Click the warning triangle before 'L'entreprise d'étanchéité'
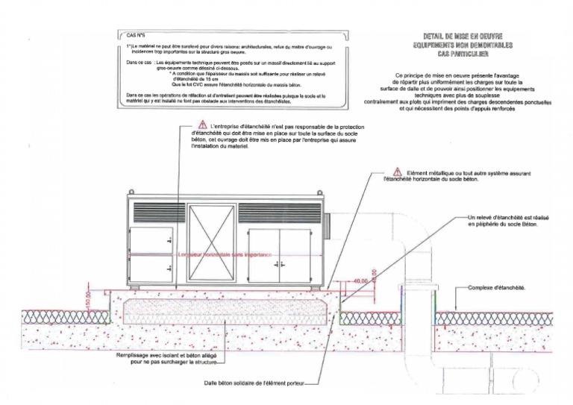point(201,127)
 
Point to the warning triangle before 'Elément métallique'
point(398,172)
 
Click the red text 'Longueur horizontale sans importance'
point(225,255)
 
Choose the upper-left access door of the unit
point(151,239)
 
